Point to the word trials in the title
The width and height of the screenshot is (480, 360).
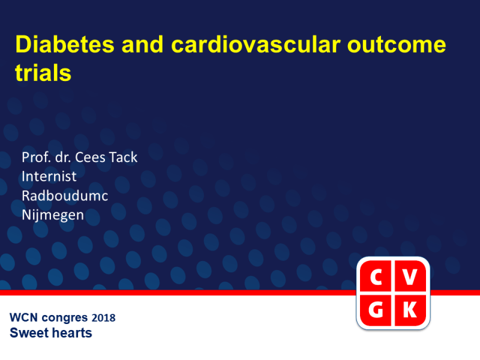43,73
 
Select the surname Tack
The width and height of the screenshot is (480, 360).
124,158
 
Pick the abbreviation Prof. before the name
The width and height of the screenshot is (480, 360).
36,158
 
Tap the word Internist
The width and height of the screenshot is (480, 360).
49,176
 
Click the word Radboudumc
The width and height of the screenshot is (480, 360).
65,196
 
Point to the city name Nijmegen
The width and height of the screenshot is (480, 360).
52,215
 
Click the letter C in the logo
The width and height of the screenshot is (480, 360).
376,278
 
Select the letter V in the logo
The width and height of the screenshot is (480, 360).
410,278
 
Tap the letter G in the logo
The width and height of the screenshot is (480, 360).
376,310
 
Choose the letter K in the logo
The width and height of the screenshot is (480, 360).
410,310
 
